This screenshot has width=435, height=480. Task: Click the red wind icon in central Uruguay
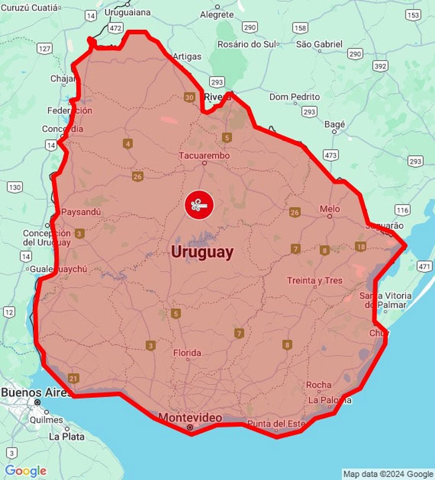click(199, 205)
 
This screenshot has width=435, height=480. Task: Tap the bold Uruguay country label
click(202, 252)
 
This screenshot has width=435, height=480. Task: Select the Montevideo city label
click(190, 417)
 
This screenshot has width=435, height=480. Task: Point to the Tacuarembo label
click(204, 156)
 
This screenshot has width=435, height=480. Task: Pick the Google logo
click(25, 471)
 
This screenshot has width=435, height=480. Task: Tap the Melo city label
click(330, 209)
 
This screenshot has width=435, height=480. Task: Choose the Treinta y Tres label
click(315, 281)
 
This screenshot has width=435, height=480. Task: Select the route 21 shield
click(73, 379)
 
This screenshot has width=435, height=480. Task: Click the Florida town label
click(187, 353)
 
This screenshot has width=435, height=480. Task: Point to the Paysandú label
click(81, 212)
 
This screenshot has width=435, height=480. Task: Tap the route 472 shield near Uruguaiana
click(116, 28)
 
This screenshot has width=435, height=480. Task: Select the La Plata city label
click(67, 437)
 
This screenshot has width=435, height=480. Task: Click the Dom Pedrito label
click(294, 97)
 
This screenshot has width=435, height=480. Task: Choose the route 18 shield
click(361, 247)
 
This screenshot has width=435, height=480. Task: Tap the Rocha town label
click(319, 385)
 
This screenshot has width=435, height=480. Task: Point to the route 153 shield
click(413, 15)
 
